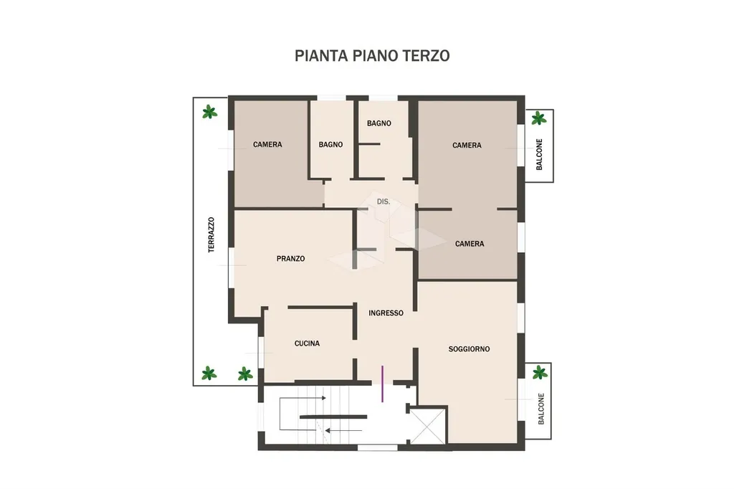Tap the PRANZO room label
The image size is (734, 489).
(x=291, y=259)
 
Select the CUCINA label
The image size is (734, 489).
(x=307, y=343)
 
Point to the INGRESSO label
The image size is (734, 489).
(x=386, y=313)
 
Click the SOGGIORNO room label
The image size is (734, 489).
(x=469, y=349)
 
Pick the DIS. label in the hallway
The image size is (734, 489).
(x=383, y=202)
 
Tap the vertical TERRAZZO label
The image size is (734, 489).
(x=211, y=234)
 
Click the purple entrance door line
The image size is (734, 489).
(x=383, y=384)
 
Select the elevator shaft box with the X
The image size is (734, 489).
(x=427, y=425)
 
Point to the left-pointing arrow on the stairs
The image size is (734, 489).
(x=343, y=430)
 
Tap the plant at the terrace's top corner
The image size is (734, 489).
(x=209, y=112)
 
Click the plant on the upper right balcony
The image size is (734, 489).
(x=539, y=118)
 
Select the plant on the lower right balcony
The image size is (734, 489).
(x=540, y=372)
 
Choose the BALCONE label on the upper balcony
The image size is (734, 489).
(x=539, y=154)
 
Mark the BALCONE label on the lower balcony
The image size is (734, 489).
(x=541, y=409)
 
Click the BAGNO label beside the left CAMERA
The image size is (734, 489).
(x=330, y=145)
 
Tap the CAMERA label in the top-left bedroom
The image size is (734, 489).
(x=267, y=144)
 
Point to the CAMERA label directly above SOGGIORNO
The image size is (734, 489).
(x=470, y=244)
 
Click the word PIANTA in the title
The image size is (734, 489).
(x=321, y=56)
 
